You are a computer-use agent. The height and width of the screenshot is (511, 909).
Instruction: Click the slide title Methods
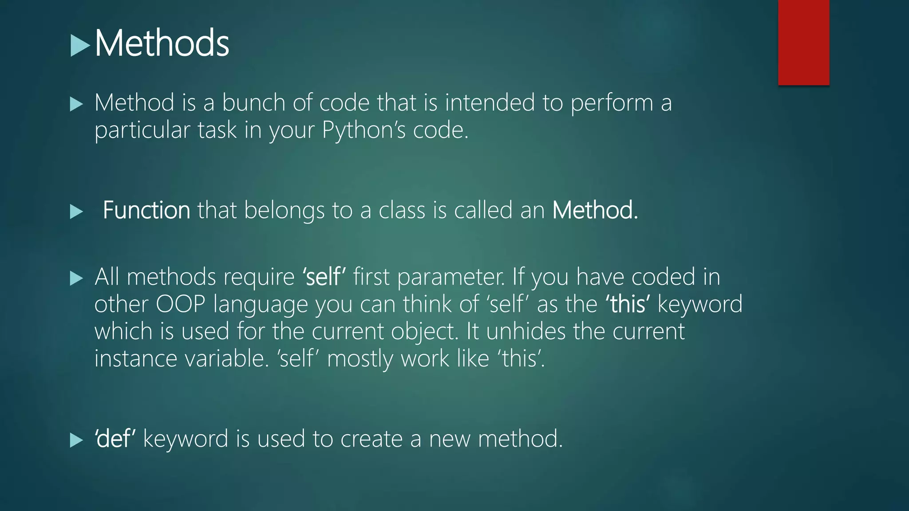(162, 43)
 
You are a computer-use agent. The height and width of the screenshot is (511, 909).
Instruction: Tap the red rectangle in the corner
(803, 42)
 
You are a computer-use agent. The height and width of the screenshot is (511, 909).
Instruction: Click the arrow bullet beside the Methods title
(80, 46)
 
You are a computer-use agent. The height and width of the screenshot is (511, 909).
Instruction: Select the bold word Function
(146, 210)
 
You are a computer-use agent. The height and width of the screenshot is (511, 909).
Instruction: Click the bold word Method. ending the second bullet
(595, 210)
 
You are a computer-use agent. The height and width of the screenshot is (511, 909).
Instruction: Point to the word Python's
(364, 130)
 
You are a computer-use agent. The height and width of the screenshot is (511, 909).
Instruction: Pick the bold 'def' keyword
(115, 439)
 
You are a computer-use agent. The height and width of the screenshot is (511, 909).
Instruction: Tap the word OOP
(181, 304)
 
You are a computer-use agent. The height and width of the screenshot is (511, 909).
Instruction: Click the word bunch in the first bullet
(253, 103)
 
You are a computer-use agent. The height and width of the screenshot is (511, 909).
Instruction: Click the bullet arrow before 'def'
(76, 440)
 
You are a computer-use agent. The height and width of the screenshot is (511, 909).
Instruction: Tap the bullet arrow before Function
(76, 212)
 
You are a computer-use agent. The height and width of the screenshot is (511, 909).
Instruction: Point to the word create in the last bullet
(371, 439)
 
